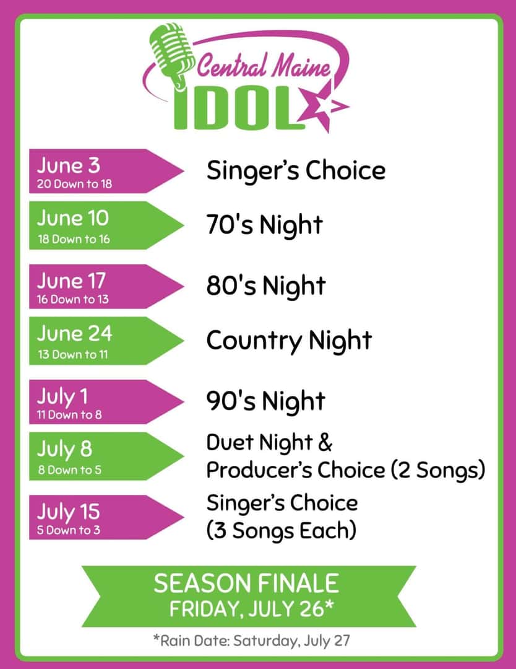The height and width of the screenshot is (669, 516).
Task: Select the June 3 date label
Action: pos(69,166)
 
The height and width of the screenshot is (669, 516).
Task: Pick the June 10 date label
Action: pos(72,218)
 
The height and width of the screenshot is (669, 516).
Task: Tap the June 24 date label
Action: pos(74,334)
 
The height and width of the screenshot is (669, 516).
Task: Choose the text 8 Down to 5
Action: pos(69,470)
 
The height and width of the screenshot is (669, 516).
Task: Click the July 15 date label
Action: pos(68,512)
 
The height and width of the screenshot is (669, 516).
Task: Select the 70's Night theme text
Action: pos(264,225)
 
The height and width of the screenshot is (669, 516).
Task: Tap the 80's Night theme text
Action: pos(265,286)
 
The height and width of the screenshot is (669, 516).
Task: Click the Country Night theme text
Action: pos(289,341)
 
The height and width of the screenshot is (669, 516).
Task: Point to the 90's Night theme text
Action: pos(265,401)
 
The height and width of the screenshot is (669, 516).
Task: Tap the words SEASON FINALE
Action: pos(246,584)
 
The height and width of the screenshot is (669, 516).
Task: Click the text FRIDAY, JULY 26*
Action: pos(251,609)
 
